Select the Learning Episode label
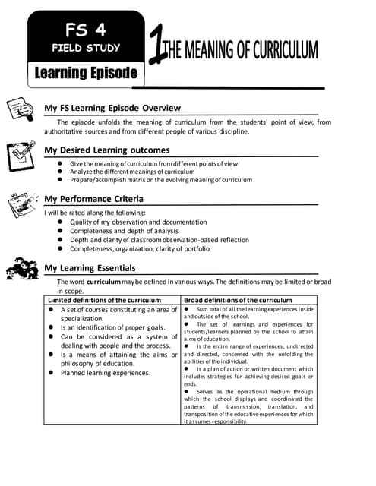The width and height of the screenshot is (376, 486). tap(85, 73)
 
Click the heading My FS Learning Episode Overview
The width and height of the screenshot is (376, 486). tap(112, 107)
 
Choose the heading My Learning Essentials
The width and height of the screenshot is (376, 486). tap(90, 268)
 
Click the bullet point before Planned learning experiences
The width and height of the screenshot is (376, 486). tap(51, 373)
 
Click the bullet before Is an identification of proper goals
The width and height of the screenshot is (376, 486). tap(51, 327)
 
